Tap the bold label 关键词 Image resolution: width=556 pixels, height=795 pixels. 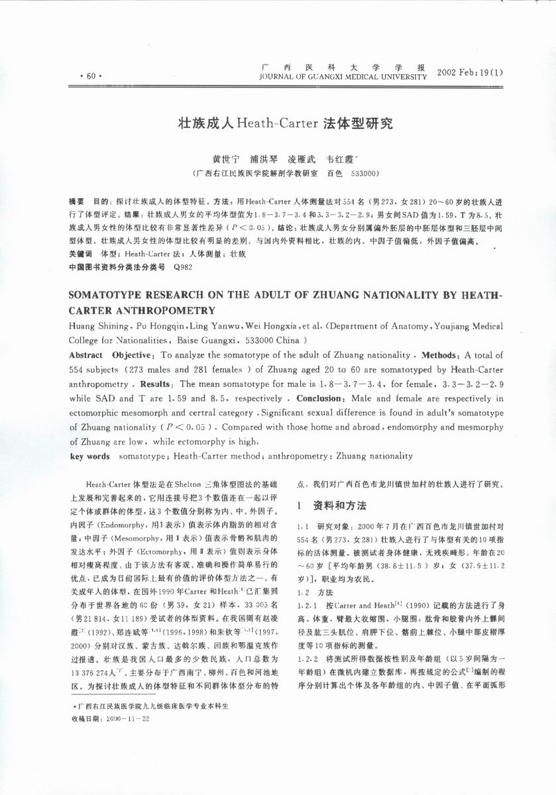[81, 254]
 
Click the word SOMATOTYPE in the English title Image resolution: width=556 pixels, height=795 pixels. [114, 295]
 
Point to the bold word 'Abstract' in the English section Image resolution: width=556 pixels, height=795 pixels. [86, 355]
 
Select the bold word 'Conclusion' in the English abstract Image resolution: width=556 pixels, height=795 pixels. [317, 399]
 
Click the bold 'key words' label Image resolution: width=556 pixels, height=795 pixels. [90, 456]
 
